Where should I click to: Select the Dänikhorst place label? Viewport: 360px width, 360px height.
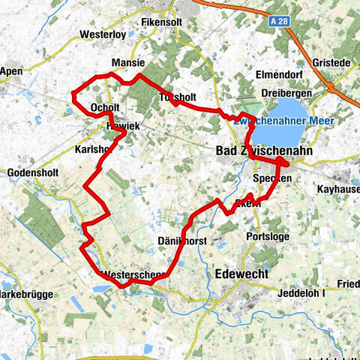pos(182,241)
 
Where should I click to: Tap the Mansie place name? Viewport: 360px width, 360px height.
pos(127,63)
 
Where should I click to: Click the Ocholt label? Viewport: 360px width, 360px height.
pos(104,108)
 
